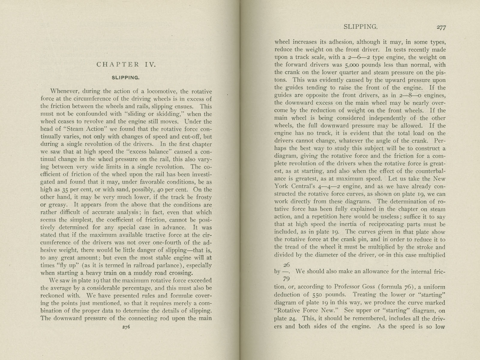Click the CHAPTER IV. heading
tap(126, 64)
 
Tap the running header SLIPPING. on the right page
tap(360, 27)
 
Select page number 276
tap(126, 328)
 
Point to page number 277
tap(441, 28)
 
